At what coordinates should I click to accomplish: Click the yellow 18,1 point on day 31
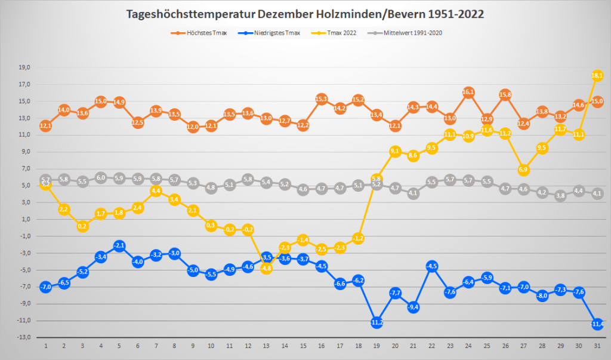click(x=597, y=75)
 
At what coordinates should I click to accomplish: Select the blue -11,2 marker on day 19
click(x=377, y=322)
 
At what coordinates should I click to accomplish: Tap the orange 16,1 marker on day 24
click(x=468, y=92)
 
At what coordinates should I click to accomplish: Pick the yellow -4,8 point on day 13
click(x=266, y=269)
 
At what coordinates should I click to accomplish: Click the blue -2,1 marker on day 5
click(x=119, y=245)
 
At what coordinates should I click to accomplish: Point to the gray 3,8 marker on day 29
click(x=560, y=195)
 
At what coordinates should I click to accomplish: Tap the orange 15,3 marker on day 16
click(x=322, y=99)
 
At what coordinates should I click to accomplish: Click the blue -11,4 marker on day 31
click(x=597, y=324)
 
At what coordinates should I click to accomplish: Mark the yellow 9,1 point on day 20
click(x=395, y=152)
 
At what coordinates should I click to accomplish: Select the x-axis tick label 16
click(x=322, y=346)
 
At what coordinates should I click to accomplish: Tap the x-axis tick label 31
click(x=597, y=346)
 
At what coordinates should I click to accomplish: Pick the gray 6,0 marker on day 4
click(x=101, y=177)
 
